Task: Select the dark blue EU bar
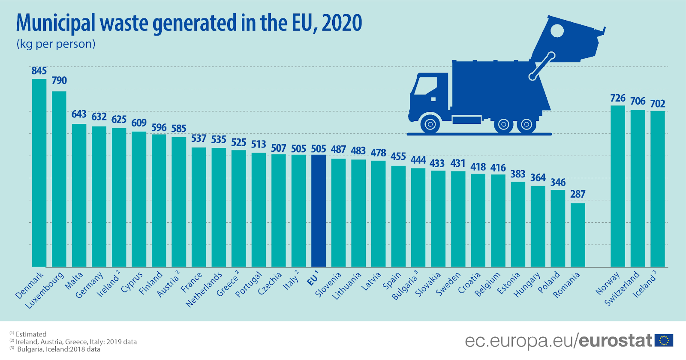coord(319,210)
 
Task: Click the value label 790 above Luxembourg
coord(59,81)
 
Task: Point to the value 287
coord(578,194)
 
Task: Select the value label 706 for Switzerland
coord(638,101)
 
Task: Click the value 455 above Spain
coord(398,157)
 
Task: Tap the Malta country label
coord(74,280)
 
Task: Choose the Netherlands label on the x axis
coord(204,289)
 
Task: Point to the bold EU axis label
coord(313,279)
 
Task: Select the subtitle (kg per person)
coord(56,44)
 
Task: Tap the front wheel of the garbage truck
coord(430,125)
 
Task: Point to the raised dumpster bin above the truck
coord(566,39)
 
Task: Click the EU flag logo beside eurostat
coord(664,341)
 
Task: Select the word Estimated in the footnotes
coord(31,334)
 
